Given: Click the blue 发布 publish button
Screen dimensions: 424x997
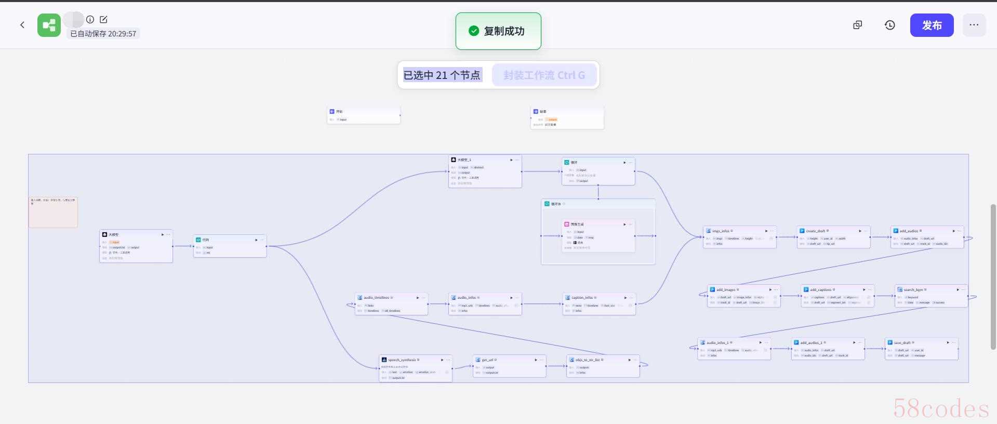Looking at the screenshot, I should [x=932, y=25].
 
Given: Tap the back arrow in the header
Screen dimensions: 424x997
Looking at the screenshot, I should [x=22, y=25].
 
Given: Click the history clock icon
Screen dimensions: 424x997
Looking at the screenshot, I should [x=889, y=25].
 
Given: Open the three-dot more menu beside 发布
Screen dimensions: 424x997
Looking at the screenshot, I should [x=974, y=25].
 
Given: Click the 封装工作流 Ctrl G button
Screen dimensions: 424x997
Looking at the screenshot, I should [x=544, y=75].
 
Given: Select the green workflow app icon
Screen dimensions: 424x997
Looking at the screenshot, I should [x=49, y=25].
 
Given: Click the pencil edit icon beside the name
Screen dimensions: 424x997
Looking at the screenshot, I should [x=103, y=20].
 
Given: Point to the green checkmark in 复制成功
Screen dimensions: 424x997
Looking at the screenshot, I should [x=473, y=31].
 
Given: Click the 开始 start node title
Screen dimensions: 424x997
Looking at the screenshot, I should [x=339, y=112].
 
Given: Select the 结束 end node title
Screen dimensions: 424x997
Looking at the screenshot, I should [x=543, y=112].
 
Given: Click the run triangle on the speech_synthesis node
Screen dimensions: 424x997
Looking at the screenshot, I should [x=442, y=360].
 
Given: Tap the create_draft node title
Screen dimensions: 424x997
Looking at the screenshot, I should [x=815, y=231].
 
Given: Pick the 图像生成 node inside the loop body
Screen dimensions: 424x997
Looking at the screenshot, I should [x=577, y=224].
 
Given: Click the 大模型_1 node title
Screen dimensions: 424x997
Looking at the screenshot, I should [x=464, y=160].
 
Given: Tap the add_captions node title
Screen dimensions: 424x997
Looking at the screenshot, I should [x=820, y=289].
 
